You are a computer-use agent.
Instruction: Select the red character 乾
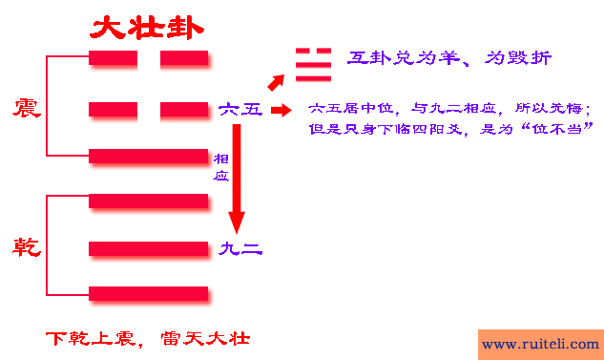[26, 248]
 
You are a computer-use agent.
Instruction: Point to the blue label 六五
[240, 110]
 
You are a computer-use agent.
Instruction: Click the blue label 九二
[240, 250]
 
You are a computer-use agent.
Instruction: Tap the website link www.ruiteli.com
[539, 344]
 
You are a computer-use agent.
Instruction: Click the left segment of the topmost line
[113, 59]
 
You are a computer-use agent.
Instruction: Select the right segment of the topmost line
[184, 59]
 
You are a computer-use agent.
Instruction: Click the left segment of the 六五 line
[113, 110]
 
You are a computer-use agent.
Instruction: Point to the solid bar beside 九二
[148, 249]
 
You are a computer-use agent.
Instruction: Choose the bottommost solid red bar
[148, 293]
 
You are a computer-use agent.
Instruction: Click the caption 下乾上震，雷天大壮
[148, 339]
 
